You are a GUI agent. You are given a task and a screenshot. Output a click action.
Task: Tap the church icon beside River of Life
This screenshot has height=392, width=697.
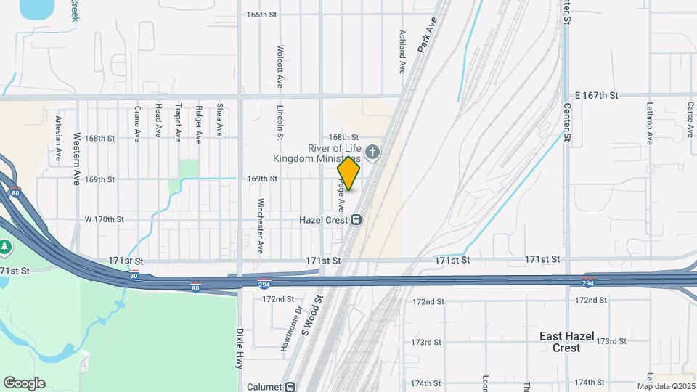pyautogui.click(x=372, y=152)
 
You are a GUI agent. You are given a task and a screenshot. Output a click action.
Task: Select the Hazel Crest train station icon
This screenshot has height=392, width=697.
pyautogui.click(x=356, y=220)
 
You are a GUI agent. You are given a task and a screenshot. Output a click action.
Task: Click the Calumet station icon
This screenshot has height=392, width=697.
pyautogui.click(x=290, y=387)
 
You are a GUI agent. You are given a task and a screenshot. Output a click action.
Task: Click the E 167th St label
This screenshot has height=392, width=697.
pyautogui.click(x=595, y=95)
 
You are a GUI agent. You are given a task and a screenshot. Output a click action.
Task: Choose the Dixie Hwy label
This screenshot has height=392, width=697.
pyautogui.click(x=238, y=349)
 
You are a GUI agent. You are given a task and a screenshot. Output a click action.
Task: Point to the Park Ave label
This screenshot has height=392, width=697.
pyautogui.click(x=428, y=33)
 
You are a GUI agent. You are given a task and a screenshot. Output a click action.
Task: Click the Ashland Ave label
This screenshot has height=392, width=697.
pyautogui.click(x=402, y=52)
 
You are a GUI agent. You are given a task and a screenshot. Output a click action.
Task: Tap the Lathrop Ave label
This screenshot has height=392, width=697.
pyautogui.click(x=650, y=119)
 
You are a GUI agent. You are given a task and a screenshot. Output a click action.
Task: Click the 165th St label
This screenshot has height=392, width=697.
pyautogui.click(x=262, y=15)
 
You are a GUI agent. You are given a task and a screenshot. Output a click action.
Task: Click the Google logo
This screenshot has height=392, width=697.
pyautogui.click(x=24, y=383)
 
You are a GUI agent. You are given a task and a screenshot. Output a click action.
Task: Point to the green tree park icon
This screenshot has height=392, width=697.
pyautogui.click(x=5, y=247)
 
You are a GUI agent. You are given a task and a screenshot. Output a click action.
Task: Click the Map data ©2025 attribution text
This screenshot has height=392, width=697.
pyautogui.click(x=665, y=386)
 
